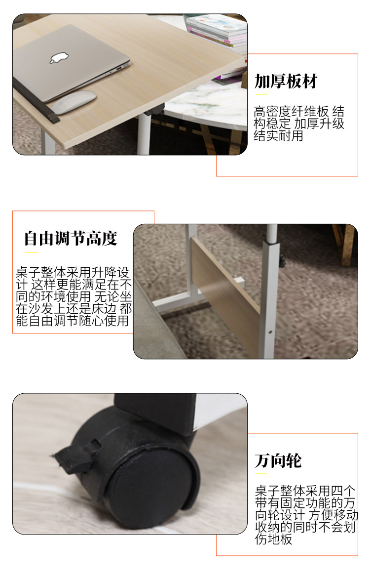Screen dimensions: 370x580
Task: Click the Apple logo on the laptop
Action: coord(60,57)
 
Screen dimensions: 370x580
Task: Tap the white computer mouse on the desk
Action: coord(73,102)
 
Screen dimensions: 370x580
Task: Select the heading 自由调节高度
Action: coord(71,239)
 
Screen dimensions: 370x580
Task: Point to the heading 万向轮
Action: coord(278,461)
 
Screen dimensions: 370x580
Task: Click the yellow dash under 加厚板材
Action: coord(261,95)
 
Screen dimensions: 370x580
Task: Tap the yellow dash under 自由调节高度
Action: coord(31,252)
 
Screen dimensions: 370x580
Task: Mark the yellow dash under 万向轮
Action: coord(261,473)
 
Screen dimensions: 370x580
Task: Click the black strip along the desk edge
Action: coord(36,100)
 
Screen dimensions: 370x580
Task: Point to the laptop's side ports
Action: coord(121,67)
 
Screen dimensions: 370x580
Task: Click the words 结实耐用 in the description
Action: coord(278,136)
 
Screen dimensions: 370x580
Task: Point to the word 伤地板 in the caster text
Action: coord(274,539)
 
